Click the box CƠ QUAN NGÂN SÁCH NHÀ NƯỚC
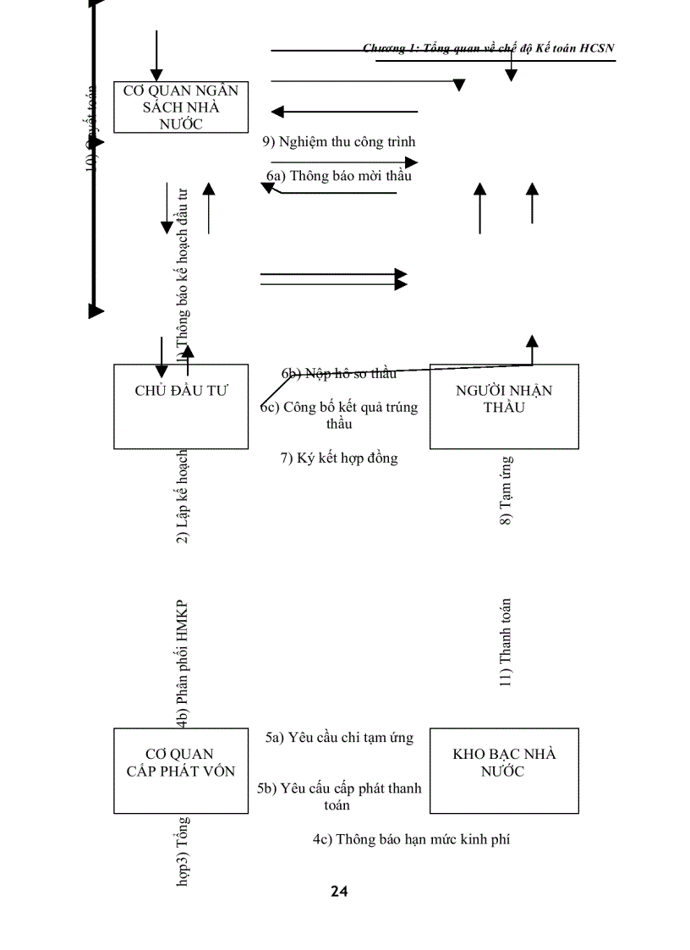181,107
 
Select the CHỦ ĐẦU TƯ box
181,406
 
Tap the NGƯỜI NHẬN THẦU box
504,406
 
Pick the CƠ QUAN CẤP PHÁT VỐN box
181,770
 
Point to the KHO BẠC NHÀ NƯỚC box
504,770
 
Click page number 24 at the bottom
339,891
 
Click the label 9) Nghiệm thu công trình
339,142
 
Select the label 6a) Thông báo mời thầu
339,177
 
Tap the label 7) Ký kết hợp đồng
339,459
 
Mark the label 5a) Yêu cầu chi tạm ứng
339,737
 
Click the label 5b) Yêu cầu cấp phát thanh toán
339,796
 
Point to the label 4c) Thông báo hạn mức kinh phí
411,839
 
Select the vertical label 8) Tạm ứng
506,491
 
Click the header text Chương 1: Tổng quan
488,48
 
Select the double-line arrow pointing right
334,279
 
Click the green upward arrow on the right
532,203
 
